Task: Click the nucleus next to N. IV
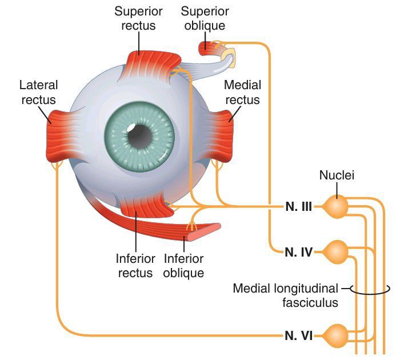(x=336, y=250)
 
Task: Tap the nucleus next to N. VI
(x=336, y=334)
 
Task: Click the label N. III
(x=298, y=207)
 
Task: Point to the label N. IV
(x=298, y=250)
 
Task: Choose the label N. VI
(x=298, y=335)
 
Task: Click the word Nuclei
(x=337, y=175)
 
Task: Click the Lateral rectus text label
(x=38, y=93)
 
